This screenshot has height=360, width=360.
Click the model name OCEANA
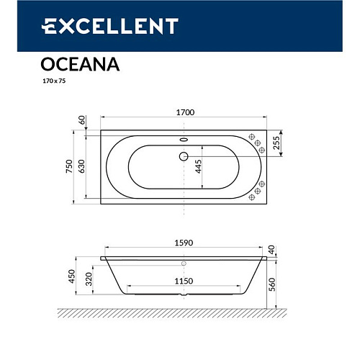tap(76, 65)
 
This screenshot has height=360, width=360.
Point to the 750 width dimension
tap(69, 167)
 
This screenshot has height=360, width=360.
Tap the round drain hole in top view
tap(184, 156)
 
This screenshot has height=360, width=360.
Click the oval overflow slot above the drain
tap(183, 140)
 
